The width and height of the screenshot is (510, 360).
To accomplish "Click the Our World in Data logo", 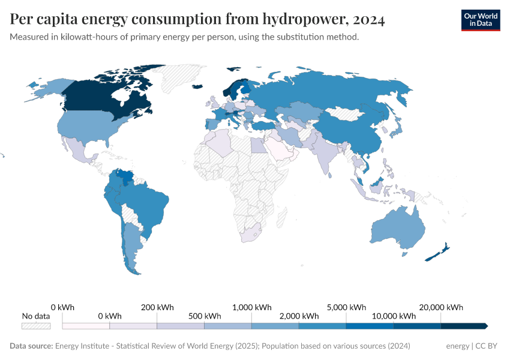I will (x=480, y=20).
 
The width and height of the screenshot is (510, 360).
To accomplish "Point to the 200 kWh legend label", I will (x=157, y=307).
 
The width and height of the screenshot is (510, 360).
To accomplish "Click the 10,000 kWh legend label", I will (x=394, y=316).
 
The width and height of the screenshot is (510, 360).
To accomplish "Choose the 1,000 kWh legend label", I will (x=251, y=307).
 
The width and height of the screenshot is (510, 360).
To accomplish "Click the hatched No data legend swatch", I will (x=36, y=326).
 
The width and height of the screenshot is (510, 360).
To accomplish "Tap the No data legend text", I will (x=36, y=316).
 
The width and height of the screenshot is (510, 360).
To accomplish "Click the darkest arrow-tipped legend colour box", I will (x=463, y=326).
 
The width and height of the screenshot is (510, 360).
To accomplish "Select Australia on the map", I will (x=396, y=228).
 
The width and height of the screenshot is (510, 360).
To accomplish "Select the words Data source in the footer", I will (x=31, y=346).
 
